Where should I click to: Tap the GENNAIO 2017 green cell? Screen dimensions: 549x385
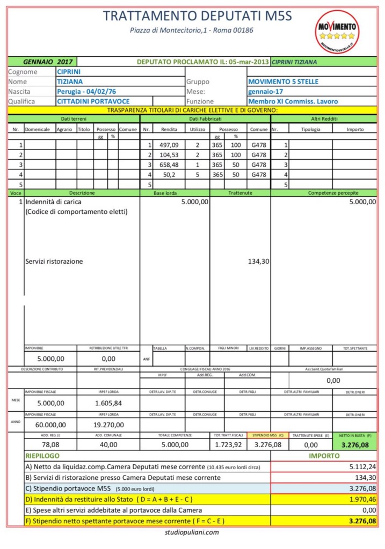(43, 62)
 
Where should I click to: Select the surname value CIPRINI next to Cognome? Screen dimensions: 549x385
(69, 71)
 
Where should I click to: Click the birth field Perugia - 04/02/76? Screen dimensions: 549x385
(86, 91)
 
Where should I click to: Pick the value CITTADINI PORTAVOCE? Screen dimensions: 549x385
(93, 101)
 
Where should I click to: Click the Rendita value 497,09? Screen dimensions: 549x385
(168, 145)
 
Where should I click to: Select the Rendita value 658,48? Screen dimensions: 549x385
(168, 164)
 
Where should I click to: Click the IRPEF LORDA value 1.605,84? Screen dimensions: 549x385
(108, 403)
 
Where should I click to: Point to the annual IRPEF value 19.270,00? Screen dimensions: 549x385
(108, 425)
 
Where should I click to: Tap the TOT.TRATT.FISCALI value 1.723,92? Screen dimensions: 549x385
(228, 444)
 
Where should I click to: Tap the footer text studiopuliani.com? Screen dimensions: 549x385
(192, 532)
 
